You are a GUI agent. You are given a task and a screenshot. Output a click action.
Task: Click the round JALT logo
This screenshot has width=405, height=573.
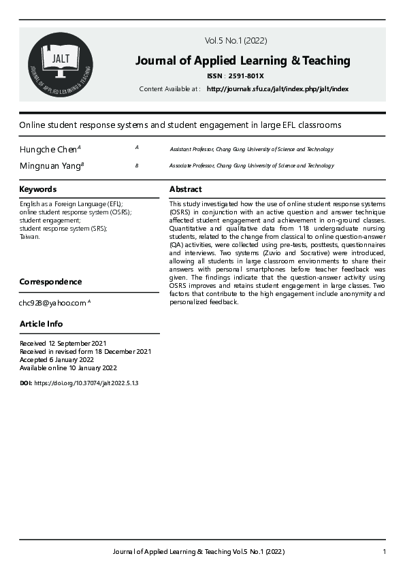[x=60, y=65]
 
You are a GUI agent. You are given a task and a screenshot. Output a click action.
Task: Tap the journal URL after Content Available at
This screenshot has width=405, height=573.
[x=277, y=89]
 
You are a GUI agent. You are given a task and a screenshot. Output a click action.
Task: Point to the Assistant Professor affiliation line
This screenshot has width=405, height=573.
[x=251, y=149]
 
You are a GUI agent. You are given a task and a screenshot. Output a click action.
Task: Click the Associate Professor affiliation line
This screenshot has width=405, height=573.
[x=251, y=165]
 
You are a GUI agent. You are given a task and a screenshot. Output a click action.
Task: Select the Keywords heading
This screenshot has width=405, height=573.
[x=37, y=189]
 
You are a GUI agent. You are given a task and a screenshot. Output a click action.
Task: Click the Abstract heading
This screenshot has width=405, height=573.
[x=185, y=189]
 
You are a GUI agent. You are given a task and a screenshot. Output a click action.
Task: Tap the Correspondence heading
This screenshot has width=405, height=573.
[x=50, y=282]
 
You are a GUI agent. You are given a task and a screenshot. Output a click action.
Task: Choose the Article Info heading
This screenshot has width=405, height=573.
[x=41, y=324]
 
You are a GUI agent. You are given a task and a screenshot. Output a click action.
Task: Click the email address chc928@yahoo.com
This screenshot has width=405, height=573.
[x=52, y=303]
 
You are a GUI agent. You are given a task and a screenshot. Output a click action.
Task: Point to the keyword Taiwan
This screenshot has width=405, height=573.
[x=30, y=237]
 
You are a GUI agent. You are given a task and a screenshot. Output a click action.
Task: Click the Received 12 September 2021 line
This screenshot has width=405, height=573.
[x=63, y=343]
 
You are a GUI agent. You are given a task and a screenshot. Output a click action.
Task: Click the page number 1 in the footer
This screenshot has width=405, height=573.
[x=385, y=551]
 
